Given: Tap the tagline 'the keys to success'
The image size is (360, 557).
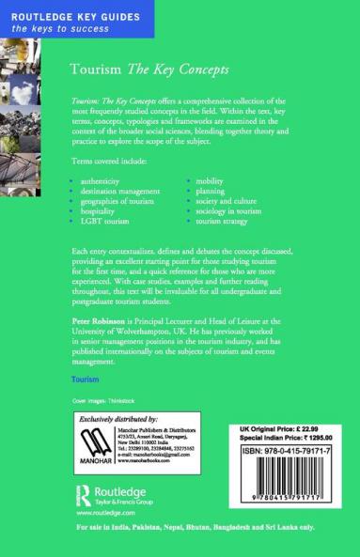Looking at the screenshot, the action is pyautogui.click(x=47, y=30).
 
